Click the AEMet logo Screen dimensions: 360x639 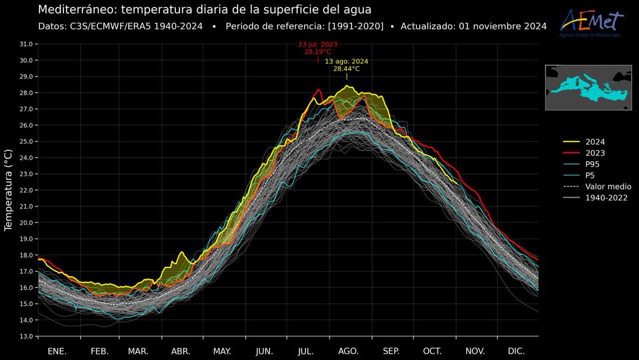[591, 23]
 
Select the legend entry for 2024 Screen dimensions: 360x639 [595, 142]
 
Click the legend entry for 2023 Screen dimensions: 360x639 [595, 153]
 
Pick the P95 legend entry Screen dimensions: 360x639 [592, 164]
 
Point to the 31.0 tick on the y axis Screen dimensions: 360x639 [24, 44]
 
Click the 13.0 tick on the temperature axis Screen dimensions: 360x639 [24, 337]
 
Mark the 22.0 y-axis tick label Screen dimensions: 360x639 [24, 190]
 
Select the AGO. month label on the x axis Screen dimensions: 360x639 [349, 351]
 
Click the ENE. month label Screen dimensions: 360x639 [57, 351]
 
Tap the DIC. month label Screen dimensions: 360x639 [516, 351]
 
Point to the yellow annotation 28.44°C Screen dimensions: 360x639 [347, 69]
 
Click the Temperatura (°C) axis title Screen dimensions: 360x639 [8, 190]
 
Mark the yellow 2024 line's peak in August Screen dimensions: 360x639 [347, 86]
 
